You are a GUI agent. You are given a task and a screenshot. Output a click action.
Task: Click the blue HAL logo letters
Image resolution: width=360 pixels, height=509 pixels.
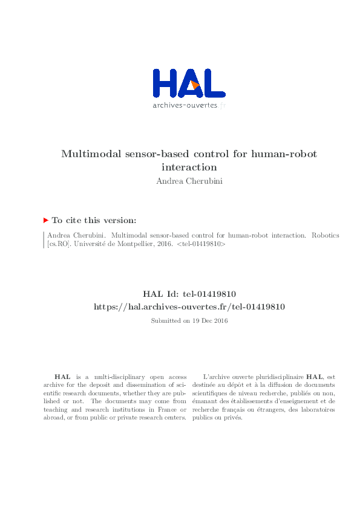166,83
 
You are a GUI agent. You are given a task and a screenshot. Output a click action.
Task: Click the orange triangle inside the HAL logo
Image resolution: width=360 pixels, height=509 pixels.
195,85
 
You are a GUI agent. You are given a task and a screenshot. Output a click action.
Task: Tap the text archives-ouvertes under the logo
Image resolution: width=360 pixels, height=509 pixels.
184,105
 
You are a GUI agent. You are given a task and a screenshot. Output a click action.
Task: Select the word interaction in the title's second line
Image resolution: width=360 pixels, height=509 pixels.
189,167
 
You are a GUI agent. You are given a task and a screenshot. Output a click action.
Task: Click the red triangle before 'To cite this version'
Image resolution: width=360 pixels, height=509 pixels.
46,221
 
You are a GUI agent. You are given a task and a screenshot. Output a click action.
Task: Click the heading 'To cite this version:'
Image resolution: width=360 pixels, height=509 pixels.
94,221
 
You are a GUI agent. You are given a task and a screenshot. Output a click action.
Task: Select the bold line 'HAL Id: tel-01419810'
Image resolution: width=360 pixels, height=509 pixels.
189,294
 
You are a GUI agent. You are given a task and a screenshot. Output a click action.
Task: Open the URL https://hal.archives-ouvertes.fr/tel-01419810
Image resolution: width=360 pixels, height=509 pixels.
189,306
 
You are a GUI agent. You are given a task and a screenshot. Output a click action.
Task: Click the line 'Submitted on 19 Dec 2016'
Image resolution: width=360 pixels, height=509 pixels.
189,320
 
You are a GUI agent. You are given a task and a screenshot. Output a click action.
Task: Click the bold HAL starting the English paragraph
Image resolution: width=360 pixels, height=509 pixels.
61,376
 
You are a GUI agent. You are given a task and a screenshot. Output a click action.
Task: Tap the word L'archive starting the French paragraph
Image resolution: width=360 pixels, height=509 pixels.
216,376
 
